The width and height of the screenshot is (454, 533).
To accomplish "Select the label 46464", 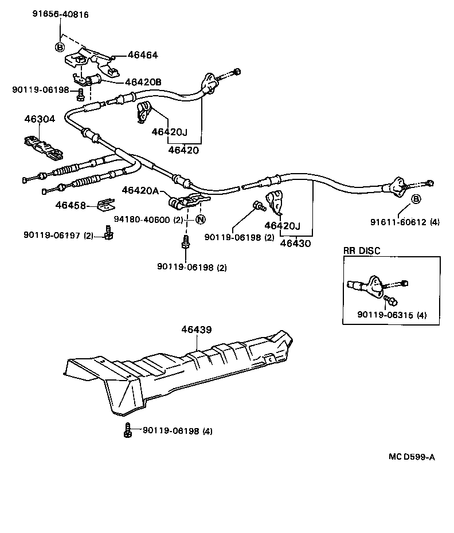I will pyautogui.click(x=143, y=56).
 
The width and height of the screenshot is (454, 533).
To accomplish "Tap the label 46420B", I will pyautogui.click(x=143, y=82).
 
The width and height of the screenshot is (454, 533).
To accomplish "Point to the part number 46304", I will pyautogui.click(x=40, y=120).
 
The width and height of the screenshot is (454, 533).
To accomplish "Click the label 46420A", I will pyautogui.click(x=140, y=191).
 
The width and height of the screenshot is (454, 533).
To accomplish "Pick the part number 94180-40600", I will pyautogui.click(x=142, y=220).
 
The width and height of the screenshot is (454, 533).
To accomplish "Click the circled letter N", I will pyautogui.click(x=200, y=220).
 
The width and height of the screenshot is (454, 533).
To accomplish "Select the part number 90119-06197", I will pyautogui.click(x=51, y=235).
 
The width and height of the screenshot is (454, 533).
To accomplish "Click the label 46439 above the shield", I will pyautogui.click(x=197, y=330).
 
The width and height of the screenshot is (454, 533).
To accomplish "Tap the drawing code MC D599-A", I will pyautogui.click(x=412, y=456).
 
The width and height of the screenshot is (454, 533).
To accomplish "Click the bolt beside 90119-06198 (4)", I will pyautogui.click(x=127, y=430).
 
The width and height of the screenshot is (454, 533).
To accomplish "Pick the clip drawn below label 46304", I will pyautogui.click(x=43, y=147).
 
